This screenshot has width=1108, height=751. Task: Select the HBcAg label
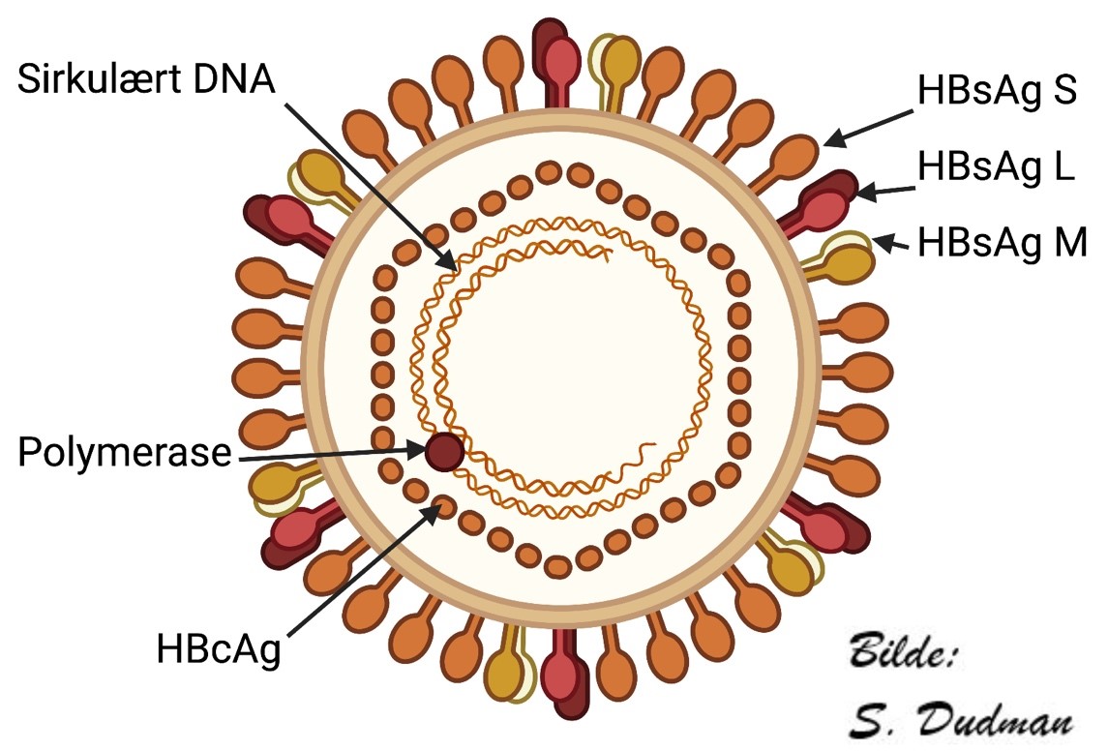click(x=218, y=648)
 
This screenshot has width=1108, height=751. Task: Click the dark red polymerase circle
click(x=443, y=451)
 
